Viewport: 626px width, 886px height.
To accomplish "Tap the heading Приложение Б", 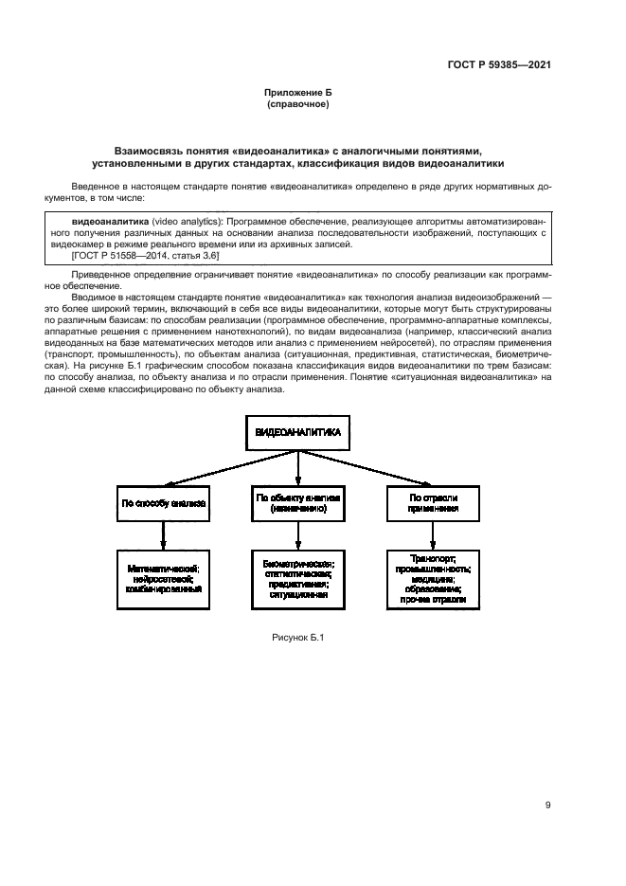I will [298, 93].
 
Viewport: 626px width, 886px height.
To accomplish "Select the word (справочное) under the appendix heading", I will [298, 104].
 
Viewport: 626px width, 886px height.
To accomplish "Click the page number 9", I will [548, 805].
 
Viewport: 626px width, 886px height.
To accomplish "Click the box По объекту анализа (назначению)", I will [298, 502].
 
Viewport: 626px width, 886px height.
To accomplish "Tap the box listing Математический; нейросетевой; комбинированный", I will [163, 578].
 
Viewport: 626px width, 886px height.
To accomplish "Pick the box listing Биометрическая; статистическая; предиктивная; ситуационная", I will [298, 578].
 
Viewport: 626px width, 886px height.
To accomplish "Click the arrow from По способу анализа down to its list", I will [163, 534].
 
